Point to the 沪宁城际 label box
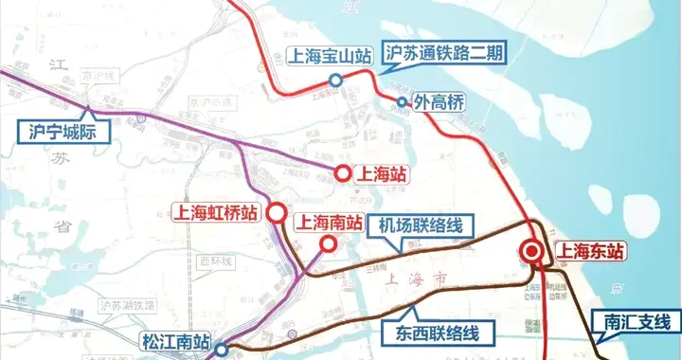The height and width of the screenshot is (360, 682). pos(60,129)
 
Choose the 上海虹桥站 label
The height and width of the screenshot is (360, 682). pos(215,214)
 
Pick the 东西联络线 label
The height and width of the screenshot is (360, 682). pos(431,333)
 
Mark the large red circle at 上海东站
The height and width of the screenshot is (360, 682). pos(532,252)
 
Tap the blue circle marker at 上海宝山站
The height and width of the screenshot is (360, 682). pos(334,81)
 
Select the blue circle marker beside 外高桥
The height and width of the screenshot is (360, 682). pos(402,102)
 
